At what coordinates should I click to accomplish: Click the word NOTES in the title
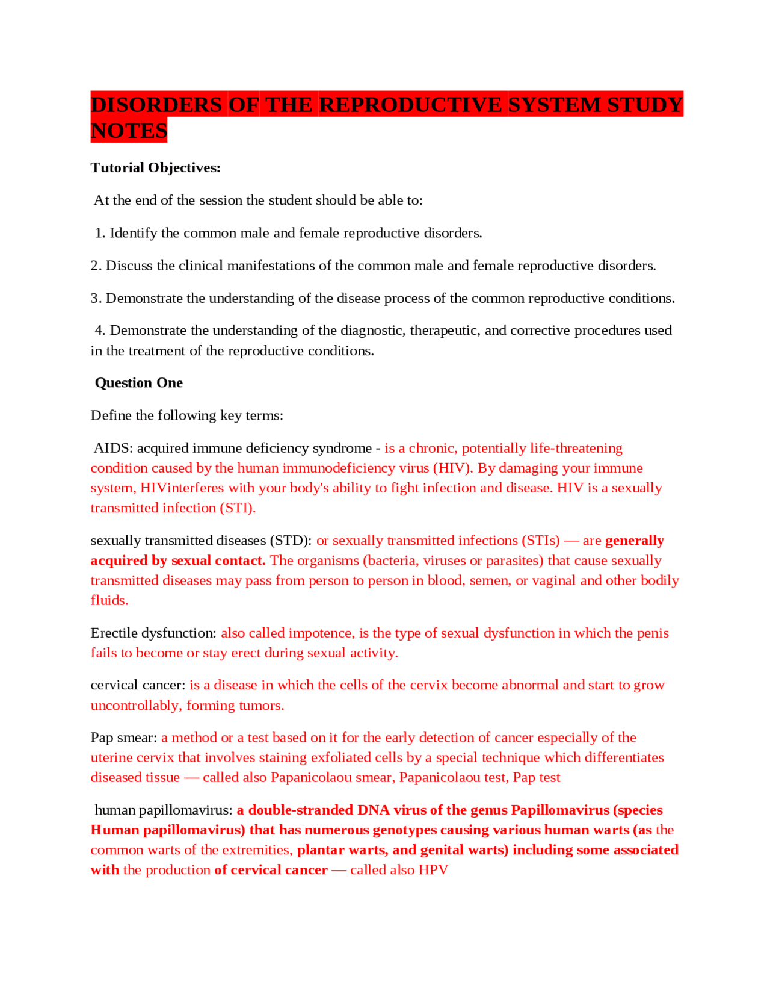(x=129, y=131)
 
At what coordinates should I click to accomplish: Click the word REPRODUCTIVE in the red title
(x=410, y=105)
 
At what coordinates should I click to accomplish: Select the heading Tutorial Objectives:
(x=156, y=168)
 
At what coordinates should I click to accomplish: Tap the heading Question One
(x=139, y=383)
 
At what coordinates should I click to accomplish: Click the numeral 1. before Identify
(x=100, y=233)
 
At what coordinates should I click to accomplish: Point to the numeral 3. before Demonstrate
(x=96, y=298)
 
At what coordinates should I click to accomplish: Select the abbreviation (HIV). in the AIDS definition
(x=452, y=468)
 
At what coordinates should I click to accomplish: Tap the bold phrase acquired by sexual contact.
(x=178, y=561)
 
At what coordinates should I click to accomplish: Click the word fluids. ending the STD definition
(x=109, y=600)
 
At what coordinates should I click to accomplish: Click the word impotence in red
(x=320, y=633)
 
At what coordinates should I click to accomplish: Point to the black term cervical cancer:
(x=138, y=685)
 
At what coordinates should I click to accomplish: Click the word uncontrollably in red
(x=135, y=705)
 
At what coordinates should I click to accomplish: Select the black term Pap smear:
(x=124, y=738)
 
